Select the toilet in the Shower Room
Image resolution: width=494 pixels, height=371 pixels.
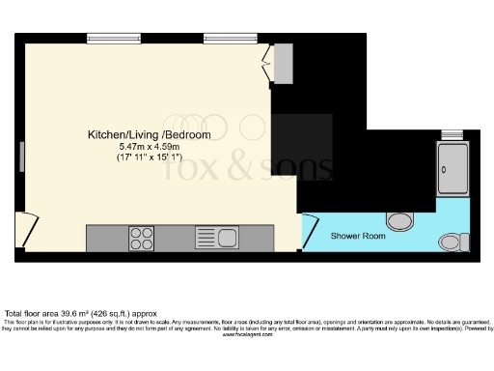pyautogui.click(x=450, y=241)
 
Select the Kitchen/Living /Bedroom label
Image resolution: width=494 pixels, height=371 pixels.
pyautogui.click(x=149, y=134)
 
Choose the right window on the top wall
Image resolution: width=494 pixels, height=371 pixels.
pyautogui.click(x=223, y=40)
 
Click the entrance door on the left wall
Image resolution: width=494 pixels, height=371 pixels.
pyautogui.click(x=27, y=223)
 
